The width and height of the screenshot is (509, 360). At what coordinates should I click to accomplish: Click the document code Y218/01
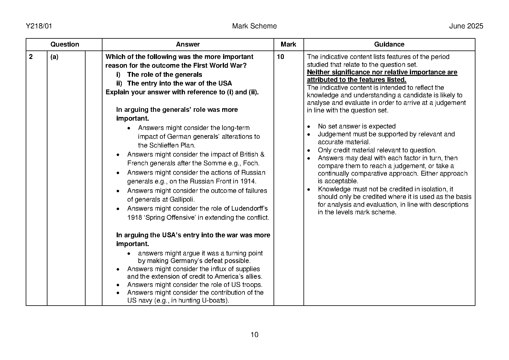click(39, 26)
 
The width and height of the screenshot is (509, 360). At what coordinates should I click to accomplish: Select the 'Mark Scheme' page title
click(254, 26)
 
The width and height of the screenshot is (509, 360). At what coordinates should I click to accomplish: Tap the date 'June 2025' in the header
click(466, 26)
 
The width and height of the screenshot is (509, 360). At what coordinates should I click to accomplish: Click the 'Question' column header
click(64, 44)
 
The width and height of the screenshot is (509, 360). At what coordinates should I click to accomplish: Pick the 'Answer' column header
click(188, 44)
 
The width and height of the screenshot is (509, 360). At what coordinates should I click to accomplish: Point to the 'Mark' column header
click(288, 44)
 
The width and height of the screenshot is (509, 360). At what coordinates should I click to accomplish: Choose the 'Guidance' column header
click(389, 44)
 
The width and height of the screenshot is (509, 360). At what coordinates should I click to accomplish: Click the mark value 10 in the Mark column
click(280, 57)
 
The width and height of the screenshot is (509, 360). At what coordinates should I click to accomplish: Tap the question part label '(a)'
click(54, 57)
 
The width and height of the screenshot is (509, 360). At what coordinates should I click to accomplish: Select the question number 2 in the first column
click(31, 57)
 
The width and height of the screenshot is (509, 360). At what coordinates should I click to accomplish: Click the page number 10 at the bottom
click(254, 335)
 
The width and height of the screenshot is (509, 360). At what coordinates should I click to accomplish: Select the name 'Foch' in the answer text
click(251, 163)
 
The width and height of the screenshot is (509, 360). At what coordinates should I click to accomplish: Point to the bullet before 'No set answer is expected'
click(309, 127)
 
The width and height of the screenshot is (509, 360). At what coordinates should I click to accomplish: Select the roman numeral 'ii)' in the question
click(119, 83)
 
